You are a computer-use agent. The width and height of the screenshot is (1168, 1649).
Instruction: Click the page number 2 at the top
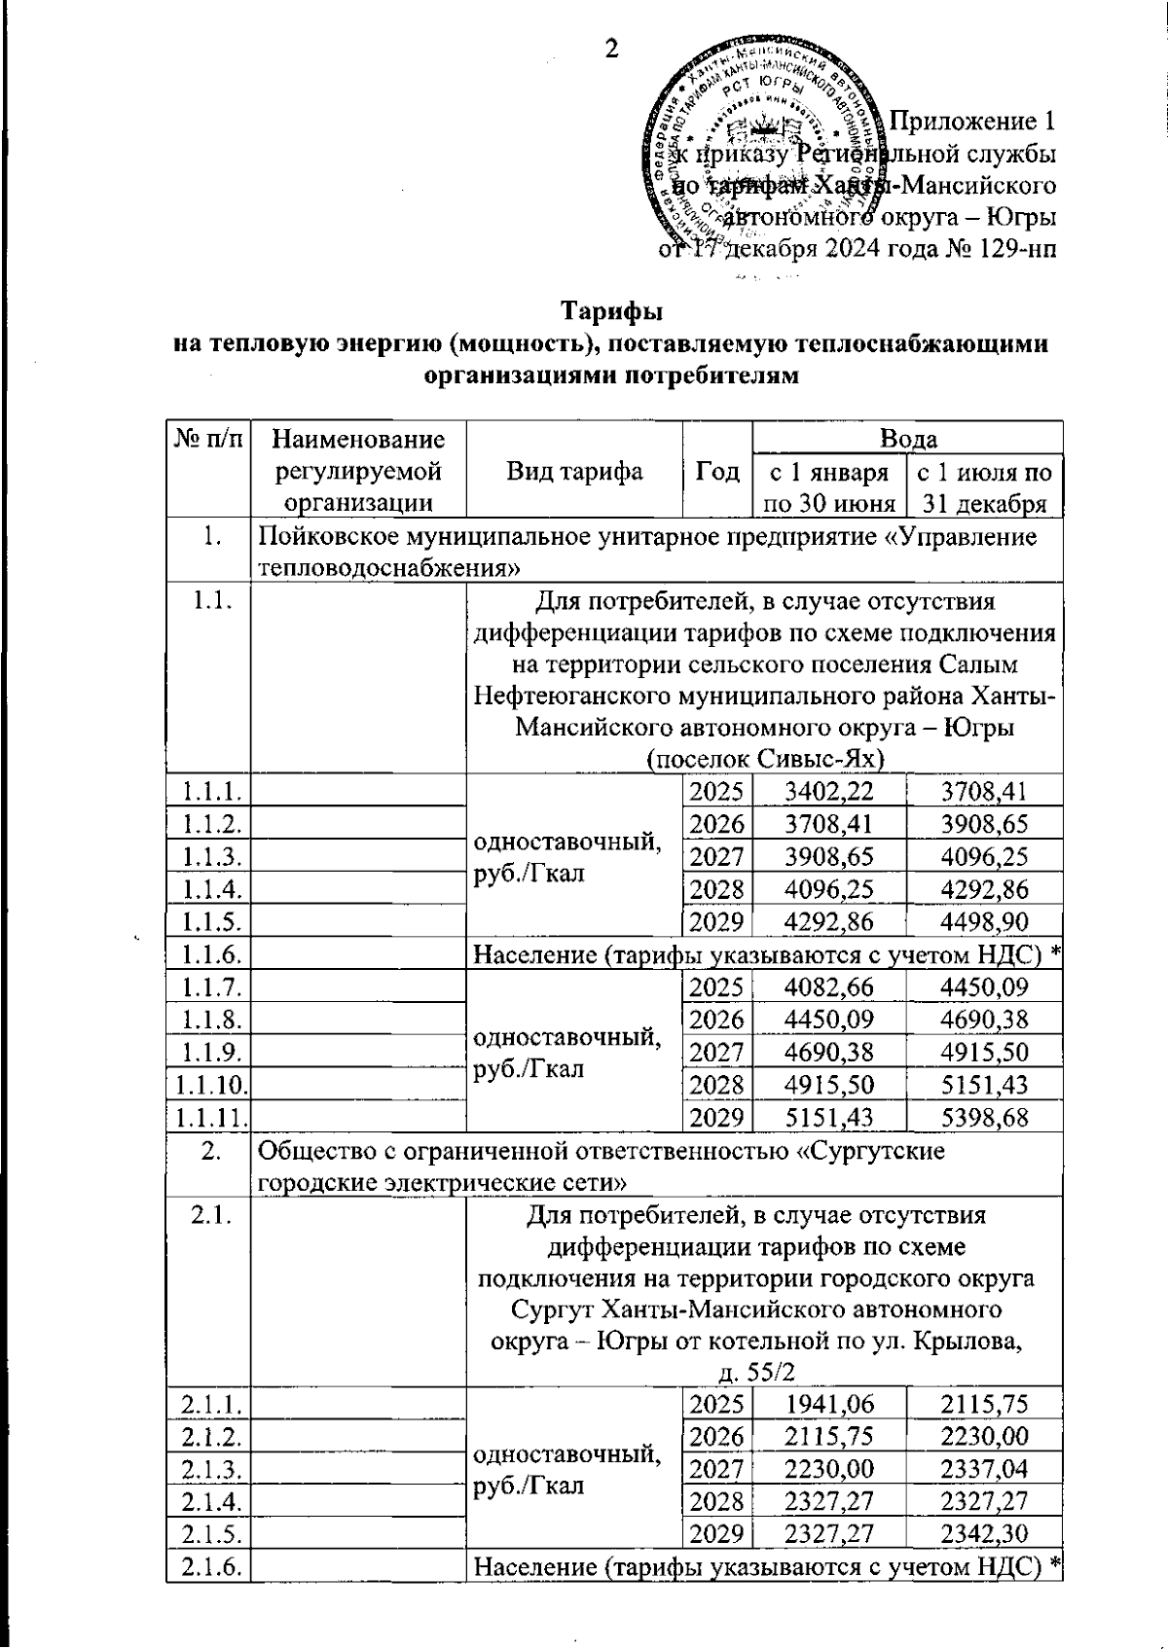612,49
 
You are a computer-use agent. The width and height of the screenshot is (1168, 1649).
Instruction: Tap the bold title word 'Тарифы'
611,313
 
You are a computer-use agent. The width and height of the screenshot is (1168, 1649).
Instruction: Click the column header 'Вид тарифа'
574,472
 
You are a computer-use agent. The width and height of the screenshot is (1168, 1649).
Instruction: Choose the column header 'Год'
717,472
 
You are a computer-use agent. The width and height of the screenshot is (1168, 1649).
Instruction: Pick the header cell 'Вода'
907,439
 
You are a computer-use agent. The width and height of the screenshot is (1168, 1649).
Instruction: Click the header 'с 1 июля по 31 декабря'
984,487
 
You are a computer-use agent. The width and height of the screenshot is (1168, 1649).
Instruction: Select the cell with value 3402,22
829,791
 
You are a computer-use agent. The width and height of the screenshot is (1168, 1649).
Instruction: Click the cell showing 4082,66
829,987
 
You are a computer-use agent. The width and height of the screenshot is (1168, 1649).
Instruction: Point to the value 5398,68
984,1117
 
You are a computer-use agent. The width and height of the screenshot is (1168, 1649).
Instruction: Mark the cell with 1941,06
829,1403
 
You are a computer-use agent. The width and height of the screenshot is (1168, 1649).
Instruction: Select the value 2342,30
984,1533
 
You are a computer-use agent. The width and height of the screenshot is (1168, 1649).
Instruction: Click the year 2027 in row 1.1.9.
717,1053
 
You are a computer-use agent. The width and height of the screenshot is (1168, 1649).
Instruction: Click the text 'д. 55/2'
756,1372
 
